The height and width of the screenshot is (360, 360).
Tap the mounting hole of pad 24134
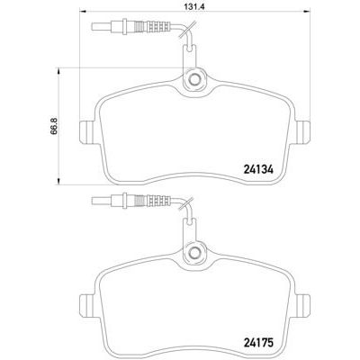click(193, 81)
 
